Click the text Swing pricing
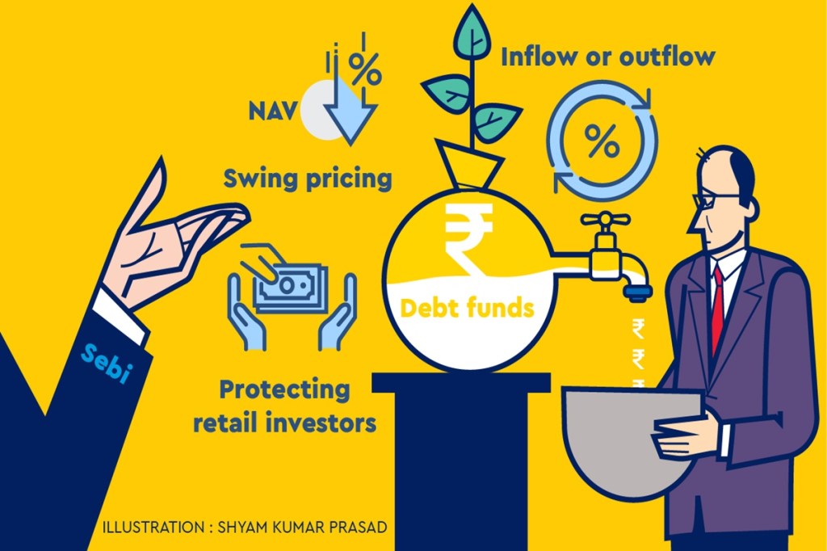[307, 178]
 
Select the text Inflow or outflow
[608, 57]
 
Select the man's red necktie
[716, 307]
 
